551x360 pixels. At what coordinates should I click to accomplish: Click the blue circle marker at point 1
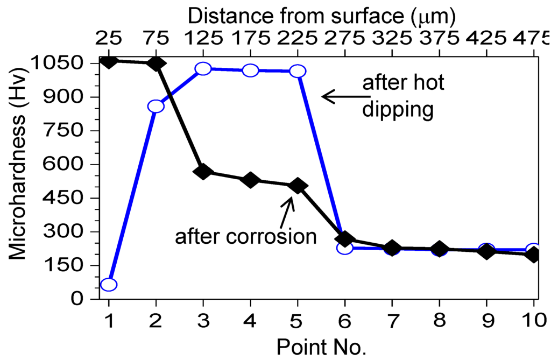(109, 285)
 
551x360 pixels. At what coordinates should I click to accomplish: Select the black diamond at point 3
(203, 172)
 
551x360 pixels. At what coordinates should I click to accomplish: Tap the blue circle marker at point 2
(156, 106)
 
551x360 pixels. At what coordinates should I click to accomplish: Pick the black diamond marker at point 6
(345, 238)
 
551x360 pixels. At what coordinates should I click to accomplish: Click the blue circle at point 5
(298, 71)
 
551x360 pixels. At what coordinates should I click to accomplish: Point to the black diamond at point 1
(109, 61)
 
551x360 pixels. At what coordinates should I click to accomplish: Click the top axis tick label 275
(345, 38)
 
